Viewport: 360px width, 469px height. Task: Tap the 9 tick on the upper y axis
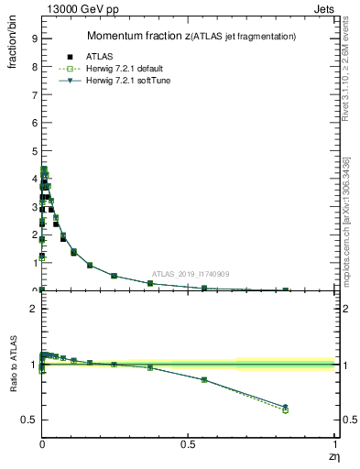[33, 38]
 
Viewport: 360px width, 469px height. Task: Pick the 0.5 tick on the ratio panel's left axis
[29, 420]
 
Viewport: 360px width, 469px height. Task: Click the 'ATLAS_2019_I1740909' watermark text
[191, 274]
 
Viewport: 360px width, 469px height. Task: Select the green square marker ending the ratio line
[285, 410]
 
